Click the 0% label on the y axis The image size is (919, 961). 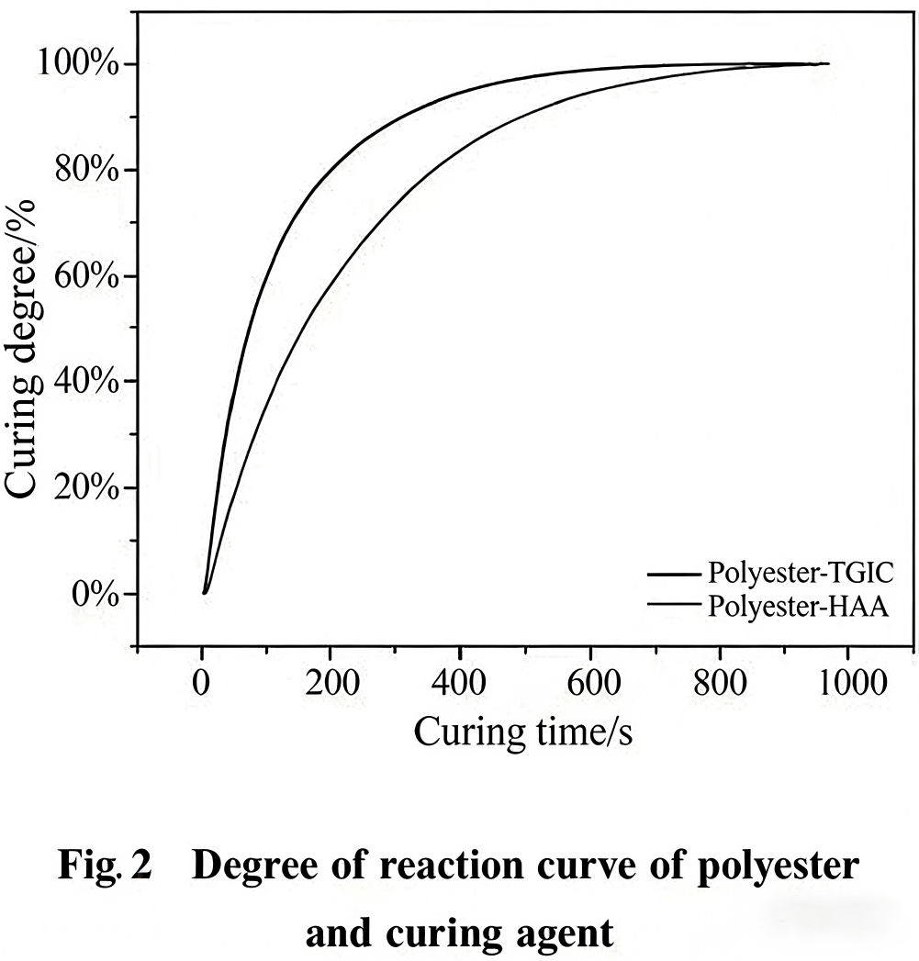95,594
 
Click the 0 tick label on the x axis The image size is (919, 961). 202,684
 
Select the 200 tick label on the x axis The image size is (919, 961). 331,684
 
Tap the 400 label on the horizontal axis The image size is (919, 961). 460,684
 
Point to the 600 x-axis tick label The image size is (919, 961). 589,684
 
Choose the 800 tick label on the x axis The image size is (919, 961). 719,684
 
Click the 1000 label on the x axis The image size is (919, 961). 846,684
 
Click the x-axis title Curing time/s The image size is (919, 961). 523,732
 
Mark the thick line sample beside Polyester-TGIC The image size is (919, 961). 674,575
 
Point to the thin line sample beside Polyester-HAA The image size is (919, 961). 674,604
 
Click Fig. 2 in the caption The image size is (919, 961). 106,867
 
